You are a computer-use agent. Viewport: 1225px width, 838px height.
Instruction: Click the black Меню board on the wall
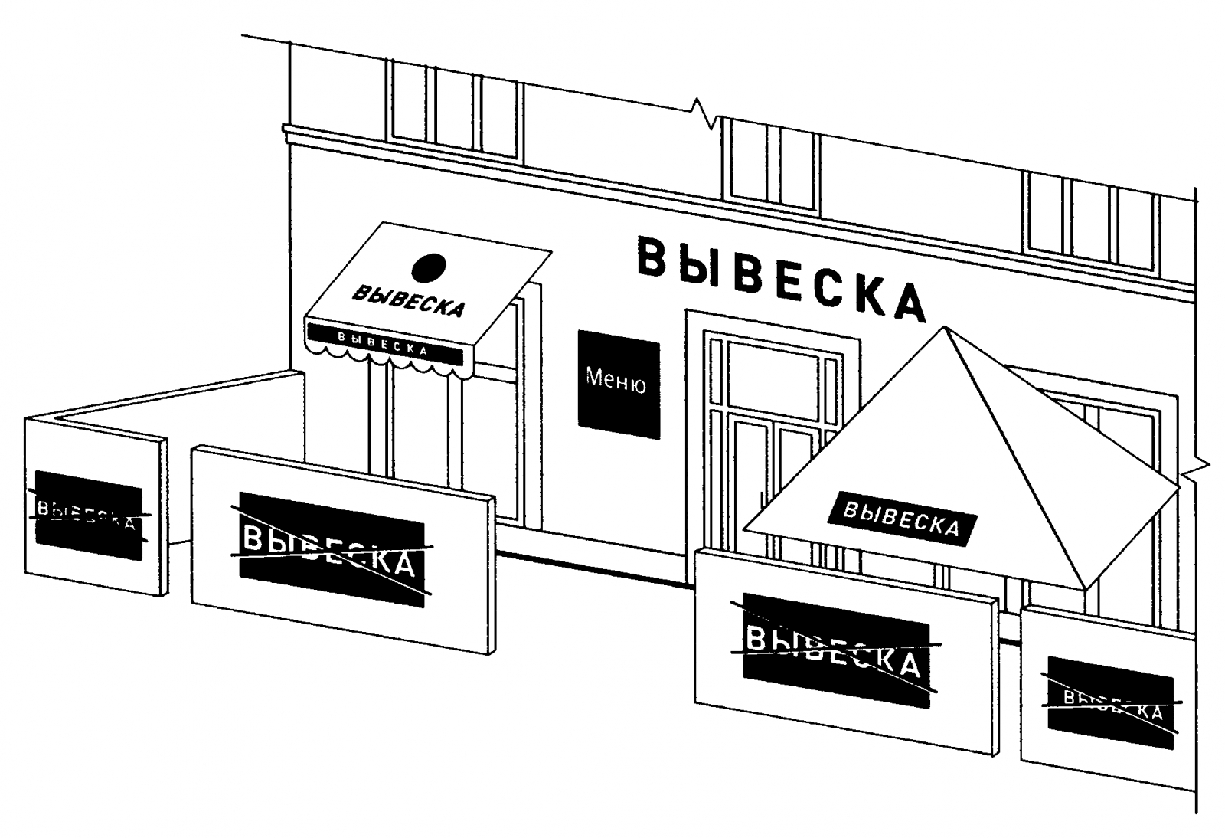618,384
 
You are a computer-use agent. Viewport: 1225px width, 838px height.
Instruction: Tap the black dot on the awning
428,267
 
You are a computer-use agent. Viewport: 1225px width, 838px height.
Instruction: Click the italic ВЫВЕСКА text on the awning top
408,301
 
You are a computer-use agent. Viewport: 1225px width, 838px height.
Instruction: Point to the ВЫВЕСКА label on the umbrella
901,519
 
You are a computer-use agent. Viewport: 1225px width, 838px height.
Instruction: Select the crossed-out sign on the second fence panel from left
332,549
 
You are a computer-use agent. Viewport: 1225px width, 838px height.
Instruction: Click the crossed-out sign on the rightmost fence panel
1109,702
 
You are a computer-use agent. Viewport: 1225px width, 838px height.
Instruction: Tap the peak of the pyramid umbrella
946,327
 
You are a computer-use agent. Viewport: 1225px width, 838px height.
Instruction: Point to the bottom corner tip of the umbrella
1085,588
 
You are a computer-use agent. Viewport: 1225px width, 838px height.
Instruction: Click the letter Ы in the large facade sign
697,266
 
